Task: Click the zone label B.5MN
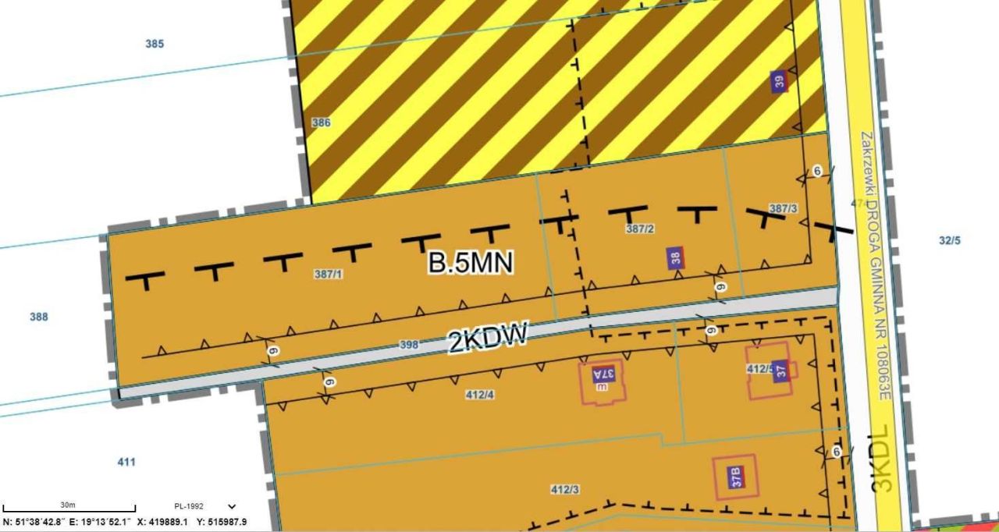(471, 262)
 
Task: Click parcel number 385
(155, 44)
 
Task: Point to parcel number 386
(321, 122)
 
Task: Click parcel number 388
(38, 317)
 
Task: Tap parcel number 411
(126, 462)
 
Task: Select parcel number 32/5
(949, 241)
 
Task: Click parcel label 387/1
(328, 274)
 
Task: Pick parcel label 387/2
(640, 229)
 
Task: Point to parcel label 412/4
(479, 395)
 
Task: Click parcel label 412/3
(565, 490)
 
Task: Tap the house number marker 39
(778, 81)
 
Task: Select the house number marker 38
(676, 258)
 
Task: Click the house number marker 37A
(603, 374)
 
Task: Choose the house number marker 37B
(734, 477)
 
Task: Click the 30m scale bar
(69, 509)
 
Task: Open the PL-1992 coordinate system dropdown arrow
(231, 506)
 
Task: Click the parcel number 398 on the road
(409, 344)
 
